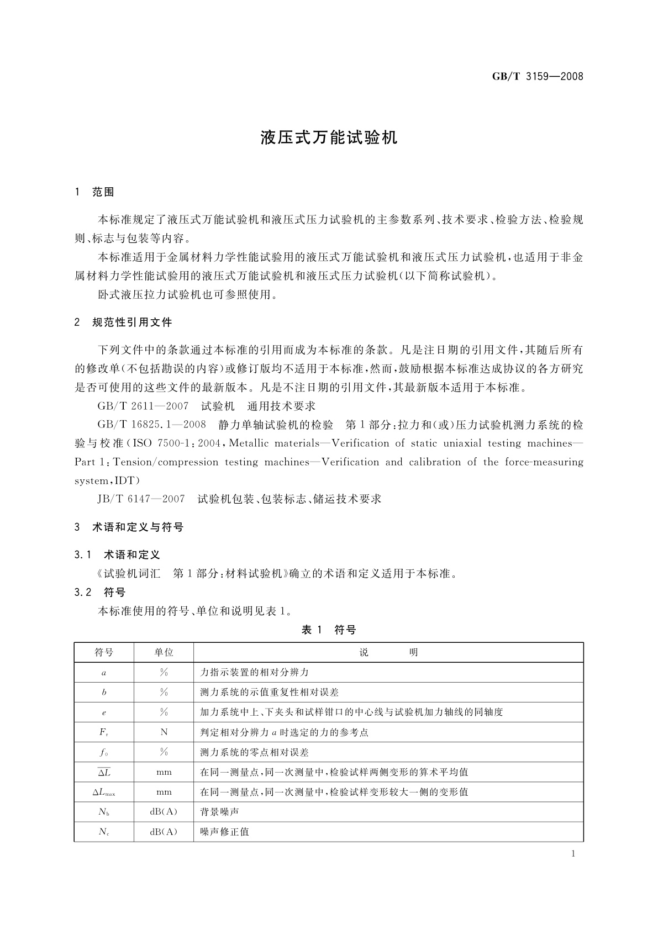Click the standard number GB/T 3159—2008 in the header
(538, 77)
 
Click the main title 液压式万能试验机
(329, 138)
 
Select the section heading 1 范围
(94, 192)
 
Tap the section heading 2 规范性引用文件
(123, 323)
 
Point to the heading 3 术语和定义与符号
(129, 527)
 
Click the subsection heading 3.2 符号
(100, 593)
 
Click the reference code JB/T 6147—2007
(141, 499)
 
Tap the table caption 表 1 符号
(329, 630)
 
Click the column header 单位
(164, 652)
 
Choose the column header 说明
(388, 652)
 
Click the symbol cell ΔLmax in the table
(104, 792)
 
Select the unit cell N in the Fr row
(164, 732)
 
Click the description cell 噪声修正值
(224, 832)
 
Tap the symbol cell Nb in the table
(104, 812)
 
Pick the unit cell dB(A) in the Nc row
(164, 832)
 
